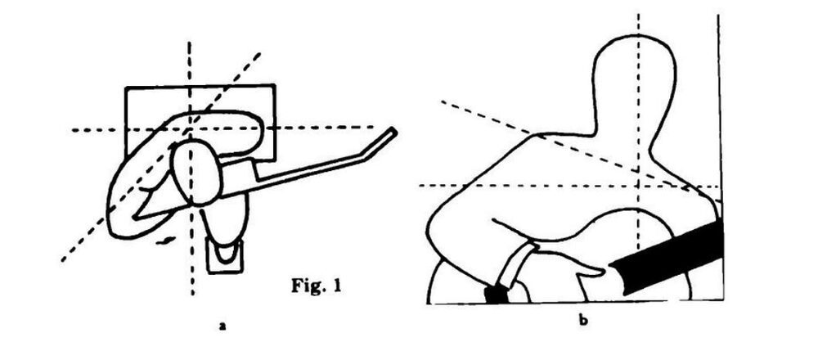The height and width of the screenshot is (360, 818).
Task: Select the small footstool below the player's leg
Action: click(x=222, y=255)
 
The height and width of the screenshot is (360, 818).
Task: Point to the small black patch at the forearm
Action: click(x=496, y=294)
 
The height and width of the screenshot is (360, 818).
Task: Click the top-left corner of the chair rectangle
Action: click(x=126, y=87)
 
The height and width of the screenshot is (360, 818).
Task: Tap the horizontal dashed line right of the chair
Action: click(x=327, y=128)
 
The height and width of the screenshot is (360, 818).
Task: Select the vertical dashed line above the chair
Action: click(x=190, y=61)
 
